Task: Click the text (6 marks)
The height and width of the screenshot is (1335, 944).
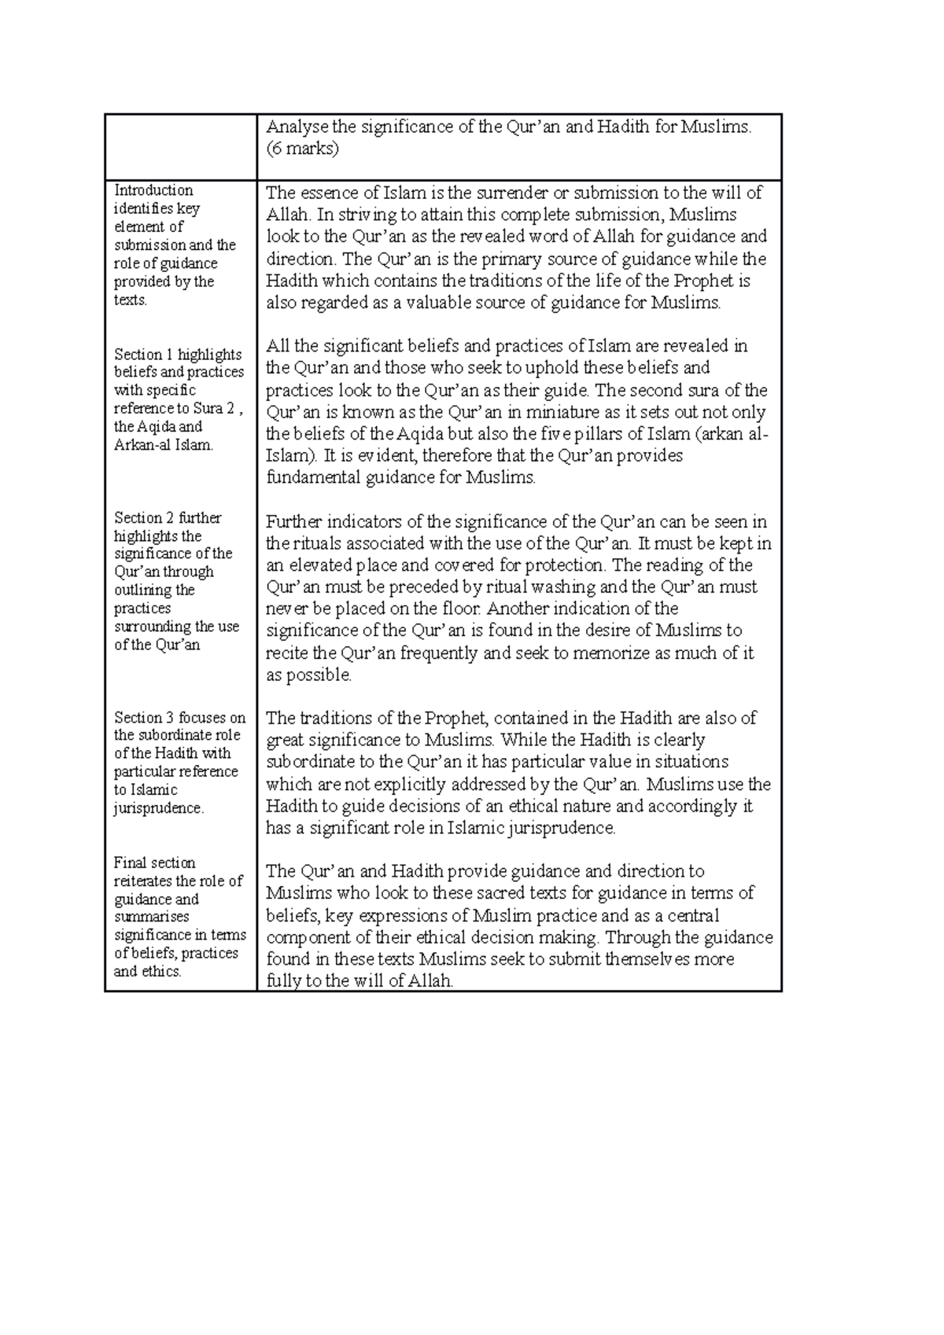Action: [x=302, y=149]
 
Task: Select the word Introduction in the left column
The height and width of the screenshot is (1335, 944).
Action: [x=153, y=190]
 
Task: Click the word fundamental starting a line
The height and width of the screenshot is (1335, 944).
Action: [x=312, y=477]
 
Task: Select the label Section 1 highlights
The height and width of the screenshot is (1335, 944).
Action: [x=178, y=355]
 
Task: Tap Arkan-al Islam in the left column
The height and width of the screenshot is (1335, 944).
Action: [x=163, y=445]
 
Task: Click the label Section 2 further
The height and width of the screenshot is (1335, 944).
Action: [x=168, y=518]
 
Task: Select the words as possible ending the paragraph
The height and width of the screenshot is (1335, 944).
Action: [x=308, y=675]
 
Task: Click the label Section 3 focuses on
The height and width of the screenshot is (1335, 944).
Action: [x=179, y=718]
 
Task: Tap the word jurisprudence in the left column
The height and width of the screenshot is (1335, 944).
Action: [x=157, y=808]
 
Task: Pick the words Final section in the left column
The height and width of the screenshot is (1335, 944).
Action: [x=154, y=863]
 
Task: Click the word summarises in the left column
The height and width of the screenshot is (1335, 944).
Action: [x=151, y=917]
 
